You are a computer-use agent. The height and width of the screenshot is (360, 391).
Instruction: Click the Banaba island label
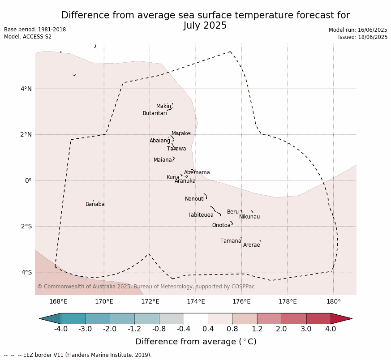pyautogui.click(x=95, y=204)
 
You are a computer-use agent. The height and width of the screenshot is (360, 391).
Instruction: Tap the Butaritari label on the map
pyautogui.click(x=155, y=113)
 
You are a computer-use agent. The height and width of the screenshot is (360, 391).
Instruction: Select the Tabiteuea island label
pyautogui.click(x=201, y=215)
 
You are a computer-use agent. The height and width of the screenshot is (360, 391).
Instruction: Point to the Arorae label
pyautogui.click(x=251, y=245)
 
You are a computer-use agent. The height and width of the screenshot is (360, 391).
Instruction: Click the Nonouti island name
pyautogui.click(x=195, y=199)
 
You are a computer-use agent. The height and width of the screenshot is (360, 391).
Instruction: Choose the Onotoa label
pyautogui.click(x=221, y=225)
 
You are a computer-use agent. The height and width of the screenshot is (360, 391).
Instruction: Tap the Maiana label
pyautogui.click(x=163, y=159)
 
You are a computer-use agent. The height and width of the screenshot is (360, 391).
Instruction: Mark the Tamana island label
pyautogui.click(x=231, y=241)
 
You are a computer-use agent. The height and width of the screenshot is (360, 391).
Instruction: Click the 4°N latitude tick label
pyautogui.click(x=26, y=89)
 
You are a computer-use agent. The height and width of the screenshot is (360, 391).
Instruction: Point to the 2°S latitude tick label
pyautogui.click(x=26, y=227)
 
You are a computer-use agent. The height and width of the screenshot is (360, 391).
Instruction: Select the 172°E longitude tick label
pyautogui.click(x=150, y=301)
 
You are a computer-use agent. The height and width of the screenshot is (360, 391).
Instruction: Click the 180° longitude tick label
pyautogui.click(x=333, y=301)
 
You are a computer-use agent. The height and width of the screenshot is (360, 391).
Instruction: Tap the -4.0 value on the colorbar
pyautogui.click(x=61, y=329)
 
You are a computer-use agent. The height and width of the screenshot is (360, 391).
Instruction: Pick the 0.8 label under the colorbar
pyautogui.click(x=232, y=329)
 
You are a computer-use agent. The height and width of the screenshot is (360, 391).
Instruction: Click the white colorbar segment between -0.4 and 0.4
pyautogui.click(x=196, y=319)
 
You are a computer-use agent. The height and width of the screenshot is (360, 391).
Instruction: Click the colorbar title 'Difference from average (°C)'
pyautogui.click(x=196, y=341)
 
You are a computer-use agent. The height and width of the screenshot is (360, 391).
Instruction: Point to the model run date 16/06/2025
pyautogui.click(x=372, y=30)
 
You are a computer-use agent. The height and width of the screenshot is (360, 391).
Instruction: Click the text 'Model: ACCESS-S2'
pyautogui.click(x=28, y=37)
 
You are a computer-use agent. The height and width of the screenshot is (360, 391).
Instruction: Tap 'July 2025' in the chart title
pyautogui.click(x=205, y=26)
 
